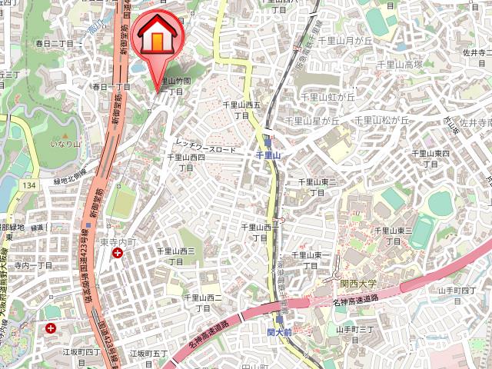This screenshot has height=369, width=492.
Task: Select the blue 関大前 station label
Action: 279,332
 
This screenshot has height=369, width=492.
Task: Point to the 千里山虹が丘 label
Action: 327,97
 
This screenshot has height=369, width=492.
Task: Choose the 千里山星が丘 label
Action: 311,121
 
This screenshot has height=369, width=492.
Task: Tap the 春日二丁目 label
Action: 54,44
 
